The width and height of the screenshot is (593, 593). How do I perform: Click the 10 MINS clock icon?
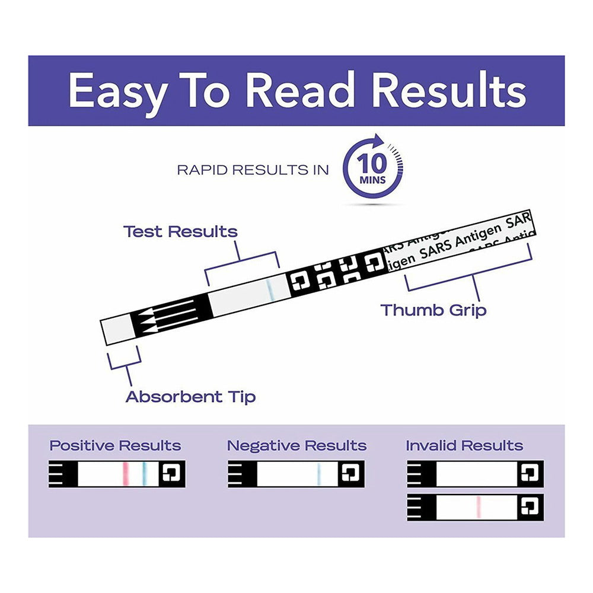tap(372, 169)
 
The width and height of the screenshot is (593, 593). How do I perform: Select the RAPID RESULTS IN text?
tap(253, 170)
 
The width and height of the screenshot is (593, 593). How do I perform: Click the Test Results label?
tap(180, 231)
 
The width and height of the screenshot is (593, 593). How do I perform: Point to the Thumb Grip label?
tap(433, 310)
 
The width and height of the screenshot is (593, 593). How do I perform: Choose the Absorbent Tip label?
tap(190, 396)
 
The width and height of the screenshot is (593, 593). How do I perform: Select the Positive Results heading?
tap(115, 445)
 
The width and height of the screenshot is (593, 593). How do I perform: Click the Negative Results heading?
tap(296, 445)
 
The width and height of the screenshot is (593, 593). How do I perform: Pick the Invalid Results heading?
tap(464, 445)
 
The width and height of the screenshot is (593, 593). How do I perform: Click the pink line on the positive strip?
tap(126, 473)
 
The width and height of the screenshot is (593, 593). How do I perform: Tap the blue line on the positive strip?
tap(144, 473)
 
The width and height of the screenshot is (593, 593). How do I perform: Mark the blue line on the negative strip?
tap(319, 473)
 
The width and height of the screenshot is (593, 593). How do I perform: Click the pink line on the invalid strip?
tap(479, 507)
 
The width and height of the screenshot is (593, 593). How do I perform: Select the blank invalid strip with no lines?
tap(474, 473)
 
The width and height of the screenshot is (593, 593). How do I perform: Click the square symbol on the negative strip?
tap(350, 473)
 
